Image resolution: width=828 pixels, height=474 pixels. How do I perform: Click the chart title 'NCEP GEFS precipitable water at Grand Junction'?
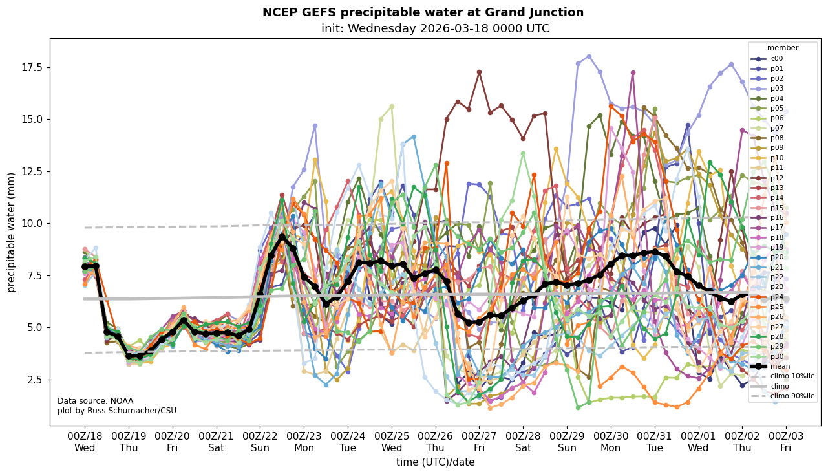[x=423, y=12]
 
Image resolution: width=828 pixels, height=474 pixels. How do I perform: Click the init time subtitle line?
[x=435, y=28]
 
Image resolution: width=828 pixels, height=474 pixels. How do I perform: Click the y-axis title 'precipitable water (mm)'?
[x=12, y=232]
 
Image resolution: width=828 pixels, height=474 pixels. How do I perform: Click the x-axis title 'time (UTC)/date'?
[x=435, y=462]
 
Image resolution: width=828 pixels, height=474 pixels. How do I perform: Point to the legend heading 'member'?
[x=783, y=48]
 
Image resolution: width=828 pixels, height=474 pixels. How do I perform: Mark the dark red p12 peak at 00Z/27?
[x=479, y=72]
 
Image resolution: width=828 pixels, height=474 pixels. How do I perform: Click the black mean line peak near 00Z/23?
[x=282, y=237]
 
